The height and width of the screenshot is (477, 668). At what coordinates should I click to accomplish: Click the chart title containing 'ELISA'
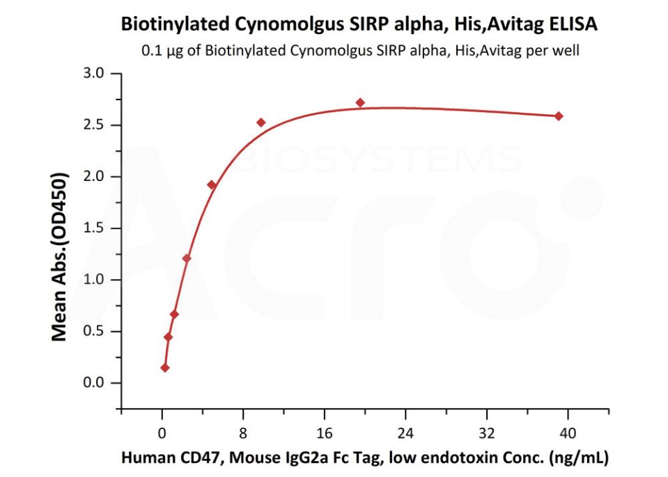359,24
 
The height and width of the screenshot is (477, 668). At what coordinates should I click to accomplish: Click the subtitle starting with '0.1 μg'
360,51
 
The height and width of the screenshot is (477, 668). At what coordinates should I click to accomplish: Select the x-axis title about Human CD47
365,458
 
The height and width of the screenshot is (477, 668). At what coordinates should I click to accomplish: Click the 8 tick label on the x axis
243,432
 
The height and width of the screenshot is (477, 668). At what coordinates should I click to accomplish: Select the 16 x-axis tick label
324,432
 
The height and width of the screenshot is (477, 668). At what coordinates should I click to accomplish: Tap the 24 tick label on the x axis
405,432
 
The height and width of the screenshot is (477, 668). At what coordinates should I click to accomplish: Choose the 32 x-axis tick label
487,432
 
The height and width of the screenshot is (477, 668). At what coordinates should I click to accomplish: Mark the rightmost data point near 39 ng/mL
559,116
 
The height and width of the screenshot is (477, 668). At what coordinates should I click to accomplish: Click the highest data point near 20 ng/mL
360,103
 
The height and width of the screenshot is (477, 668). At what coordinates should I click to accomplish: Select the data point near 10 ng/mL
261,123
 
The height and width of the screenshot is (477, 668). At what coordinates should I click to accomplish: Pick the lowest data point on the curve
165,368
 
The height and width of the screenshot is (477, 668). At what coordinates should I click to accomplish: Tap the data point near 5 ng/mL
212,185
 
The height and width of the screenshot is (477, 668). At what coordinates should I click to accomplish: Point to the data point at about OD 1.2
187,258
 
